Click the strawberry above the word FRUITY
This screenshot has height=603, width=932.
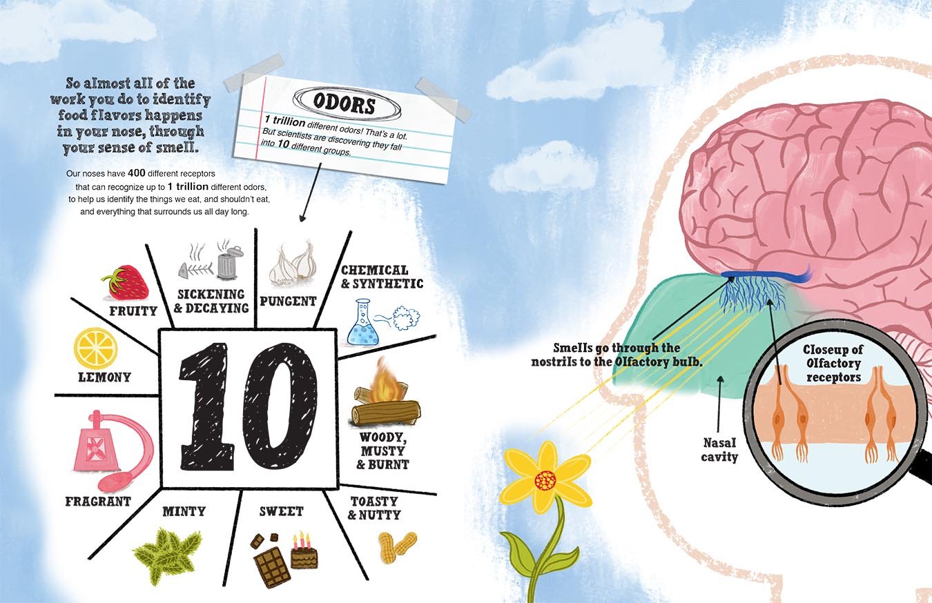point(125,281)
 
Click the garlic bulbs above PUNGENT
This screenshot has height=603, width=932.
point(293,266)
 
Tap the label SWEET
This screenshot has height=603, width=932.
point(281,511)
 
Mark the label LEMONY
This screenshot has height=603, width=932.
point(104,377)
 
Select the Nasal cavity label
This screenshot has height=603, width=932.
point(720,451)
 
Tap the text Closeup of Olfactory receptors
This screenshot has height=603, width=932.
point(833,364)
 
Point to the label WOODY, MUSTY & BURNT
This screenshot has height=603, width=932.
point(382,451)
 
